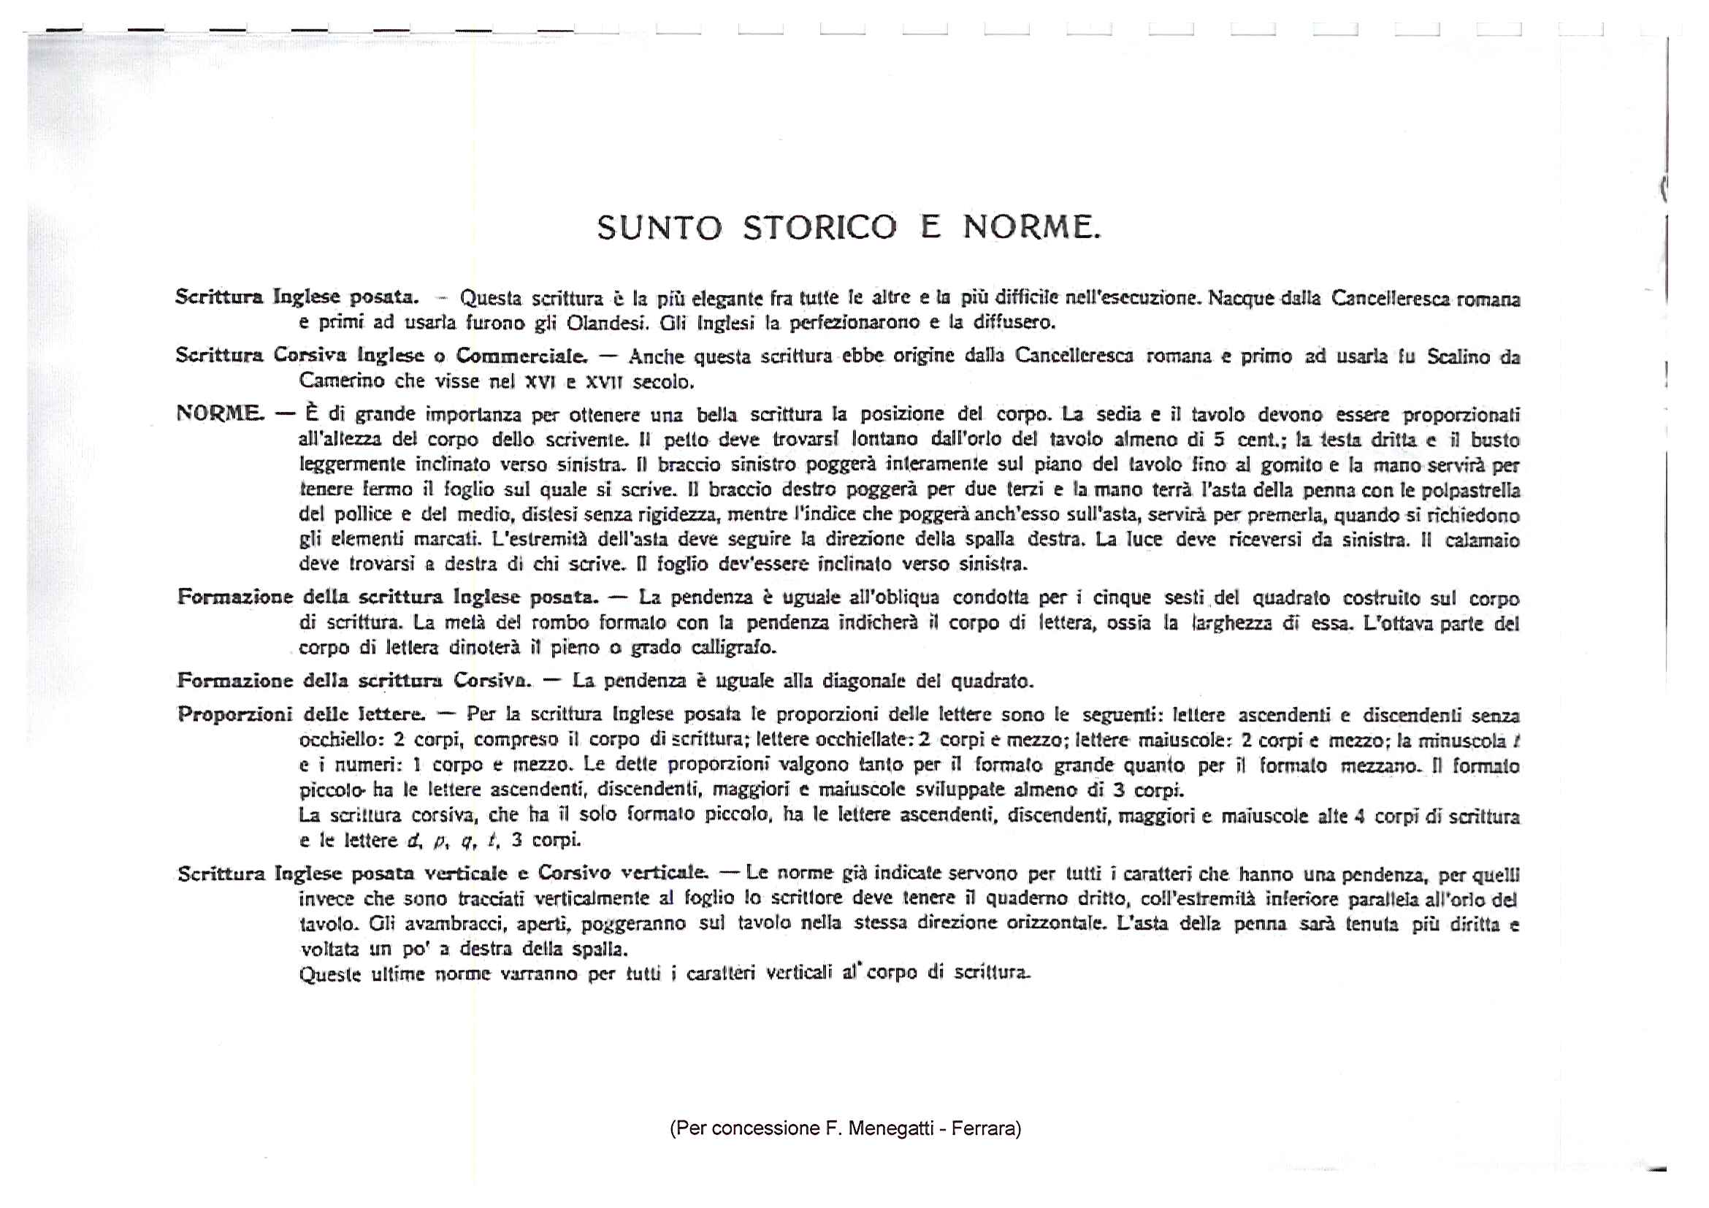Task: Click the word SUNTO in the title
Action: pos(659,228)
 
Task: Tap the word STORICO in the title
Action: pos(820,228)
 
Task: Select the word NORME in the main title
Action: pos(1031,228)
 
